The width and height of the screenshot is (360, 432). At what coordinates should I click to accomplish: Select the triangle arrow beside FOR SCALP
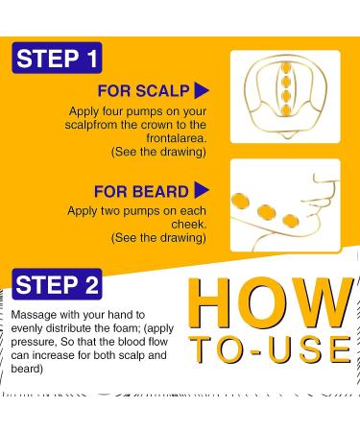pos(202,91)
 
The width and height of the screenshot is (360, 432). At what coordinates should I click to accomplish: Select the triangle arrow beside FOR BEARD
pos(202,190)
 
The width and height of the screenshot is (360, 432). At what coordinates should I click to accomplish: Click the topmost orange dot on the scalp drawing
pos(284,67)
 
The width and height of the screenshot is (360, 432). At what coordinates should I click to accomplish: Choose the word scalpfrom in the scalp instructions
pos(96,125)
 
